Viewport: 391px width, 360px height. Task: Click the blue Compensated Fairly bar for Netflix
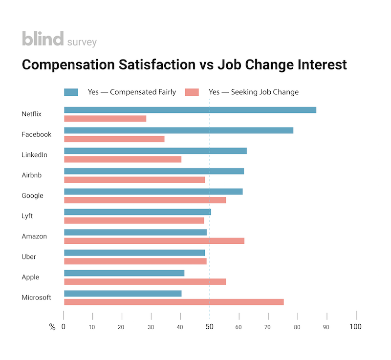point(190,110)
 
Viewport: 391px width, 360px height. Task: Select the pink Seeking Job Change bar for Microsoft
point(174,302)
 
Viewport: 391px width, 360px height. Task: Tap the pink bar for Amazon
point(154,241)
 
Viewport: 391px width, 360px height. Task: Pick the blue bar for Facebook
point(178,130)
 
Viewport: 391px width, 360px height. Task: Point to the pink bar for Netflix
point(105,119)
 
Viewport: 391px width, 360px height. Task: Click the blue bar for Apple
point(124,273)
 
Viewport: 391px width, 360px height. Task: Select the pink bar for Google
point(145,200)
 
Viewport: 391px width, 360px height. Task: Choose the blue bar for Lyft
point(137,212)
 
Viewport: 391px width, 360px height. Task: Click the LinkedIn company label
point(34,155)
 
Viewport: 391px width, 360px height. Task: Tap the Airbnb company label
point(31,175)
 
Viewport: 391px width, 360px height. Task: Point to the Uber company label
point(29,256)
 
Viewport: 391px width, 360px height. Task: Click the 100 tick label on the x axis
point(355,327)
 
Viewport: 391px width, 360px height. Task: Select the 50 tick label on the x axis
point(210,327)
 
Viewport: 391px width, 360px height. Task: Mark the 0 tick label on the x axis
point(64,327)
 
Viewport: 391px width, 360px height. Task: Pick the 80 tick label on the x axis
point(297,327)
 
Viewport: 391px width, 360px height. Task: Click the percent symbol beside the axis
point(52,327)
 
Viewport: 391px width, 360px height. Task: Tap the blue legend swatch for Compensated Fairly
point(71,92)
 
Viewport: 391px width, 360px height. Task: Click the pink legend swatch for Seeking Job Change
point(192,92)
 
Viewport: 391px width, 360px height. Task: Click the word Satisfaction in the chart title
point(157,65)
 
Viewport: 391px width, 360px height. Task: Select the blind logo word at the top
point(43,39)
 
